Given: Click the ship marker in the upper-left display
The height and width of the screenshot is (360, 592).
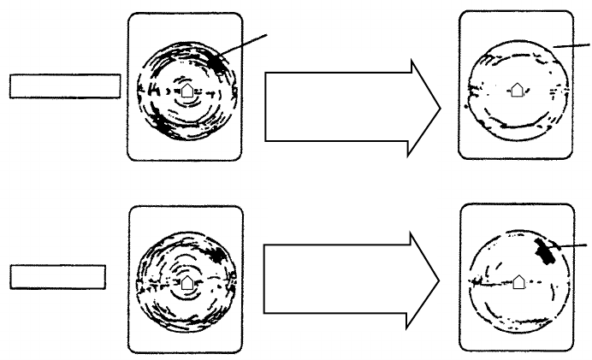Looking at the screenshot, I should (186, 89).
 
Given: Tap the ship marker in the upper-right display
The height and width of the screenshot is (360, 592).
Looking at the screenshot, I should (516, 88).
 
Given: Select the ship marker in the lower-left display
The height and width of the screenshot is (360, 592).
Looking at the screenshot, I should (186, 279).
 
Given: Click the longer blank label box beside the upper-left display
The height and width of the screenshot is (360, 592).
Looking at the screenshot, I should (64, 86).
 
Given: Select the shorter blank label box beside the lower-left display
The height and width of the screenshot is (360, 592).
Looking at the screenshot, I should (57, 276).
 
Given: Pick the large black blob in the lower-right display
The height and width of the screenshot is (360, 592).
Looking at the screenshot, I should (542, 251).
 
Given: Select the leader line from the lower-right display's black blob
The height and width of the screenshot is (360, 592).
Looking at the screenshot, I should (571, 246).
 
